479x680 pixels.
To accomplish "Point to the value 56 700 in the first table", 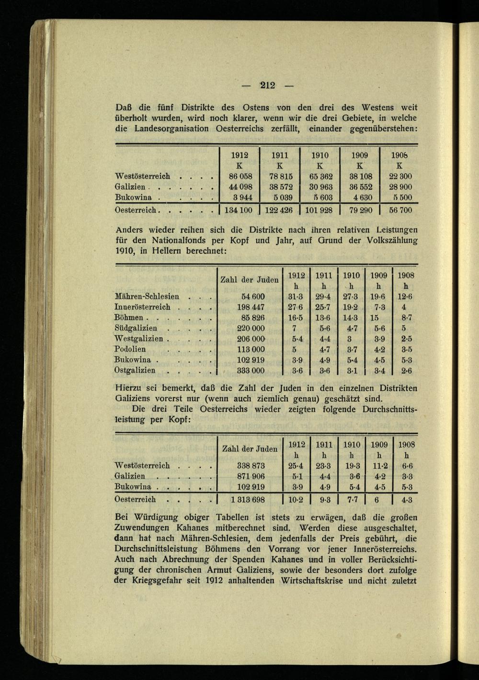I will (x=400, y=210).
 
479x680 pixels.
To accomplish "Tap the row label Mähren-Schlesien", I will (x=147, y=297).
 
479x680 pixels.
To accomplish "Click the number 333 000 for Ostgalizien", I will (x=251, y=370).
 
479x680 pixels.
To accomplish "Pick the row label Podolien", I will (x=130, y=349).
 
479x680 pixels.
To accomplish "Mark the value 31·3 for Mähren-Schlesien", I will (x=297, y=297).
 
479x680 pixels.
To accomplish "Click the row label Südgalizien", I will (x=136, y=328).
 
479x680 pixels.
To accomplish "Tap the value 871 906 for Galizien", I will (x=251, y=476).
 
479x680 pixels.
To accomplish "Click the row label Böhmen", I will (x=129, y=318).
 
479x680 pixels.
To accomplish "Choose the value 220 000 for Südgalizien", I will (x=251, y=328).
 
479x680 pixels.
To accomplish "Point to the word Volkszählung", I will (x=390, y=240).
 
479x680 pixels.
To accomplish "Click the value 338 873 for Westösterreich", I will (x=251, y=466).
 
